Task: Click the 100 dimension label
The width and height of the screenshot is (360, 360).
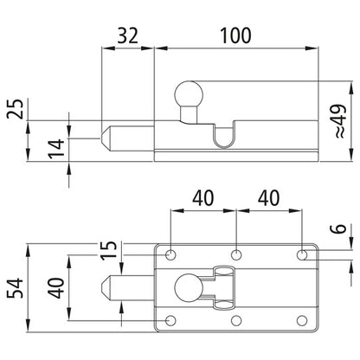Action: coord(235,35)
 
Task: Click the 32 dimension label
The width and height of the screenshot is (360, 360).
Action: coord(128,35)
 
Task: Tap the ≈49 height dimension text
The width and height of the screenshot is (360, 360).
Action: coord(340,120)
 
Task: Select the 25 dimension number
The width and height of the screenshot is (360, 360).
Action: coord(15,109)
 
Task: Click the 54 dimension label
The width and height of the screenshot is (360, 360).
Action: coord(15,288)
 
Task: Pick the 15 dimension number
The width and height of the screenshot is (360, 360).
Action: coord(109,250)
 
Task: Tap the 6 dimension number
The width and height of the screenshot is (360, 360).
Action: coord(340,228)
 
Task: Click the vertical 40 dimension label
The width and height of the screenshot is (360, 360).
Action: coord(56,288)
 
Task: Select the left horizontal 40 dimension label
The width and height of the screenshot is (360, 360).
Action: coord(203,198)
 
